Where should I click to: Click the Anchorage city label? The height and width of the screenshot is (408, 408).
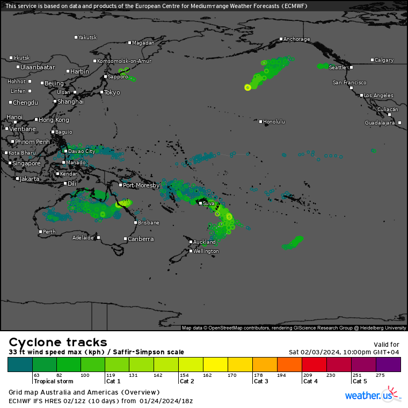coord(297,39)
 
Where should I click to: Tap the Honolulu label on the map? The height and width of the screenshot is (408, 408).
coord(274,122)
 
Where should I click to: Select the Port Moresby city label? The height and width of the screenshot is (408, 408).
coord(141,185)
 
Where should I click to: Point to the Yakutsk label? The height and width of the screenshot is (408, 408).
coord(88,38)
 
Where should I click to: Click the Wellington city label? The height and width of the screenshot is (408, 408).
coord(206,251)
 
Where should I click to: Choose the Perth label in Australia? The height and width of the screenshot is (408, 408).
coord(49,232)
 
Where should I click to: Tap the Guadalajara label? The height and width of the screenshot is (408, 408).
coord(380,123)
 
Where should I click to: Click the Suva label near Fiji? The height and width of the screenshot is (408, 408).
coord(209,203)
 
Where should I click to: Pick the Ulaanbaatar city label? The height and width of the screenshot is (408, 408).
coord(38,67)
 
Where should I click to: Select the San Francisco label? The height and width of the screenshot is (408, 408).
coord(349,83)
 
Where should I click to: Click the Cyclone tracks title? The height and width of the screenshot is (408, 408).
coord(58,342)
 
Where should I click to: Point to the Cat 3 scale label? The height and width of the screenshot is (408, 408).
coord(261,381)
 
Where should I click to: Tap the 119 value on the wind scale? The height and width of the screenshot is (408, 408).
coord(111,375)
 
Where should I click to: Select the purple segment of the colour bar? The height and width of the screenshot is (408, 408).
coord(388,365)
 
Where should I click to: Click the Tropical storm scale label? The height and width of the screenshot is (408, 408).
coord(53,381)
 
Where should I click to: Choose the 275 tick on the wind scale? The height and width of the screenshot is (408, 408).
coord(380,375)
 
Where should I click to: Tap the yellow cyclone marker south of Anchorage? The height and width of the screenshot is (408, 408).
coord(247,87)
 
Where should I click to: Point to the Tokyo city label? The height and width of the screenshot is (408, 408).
coord(112,92)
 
